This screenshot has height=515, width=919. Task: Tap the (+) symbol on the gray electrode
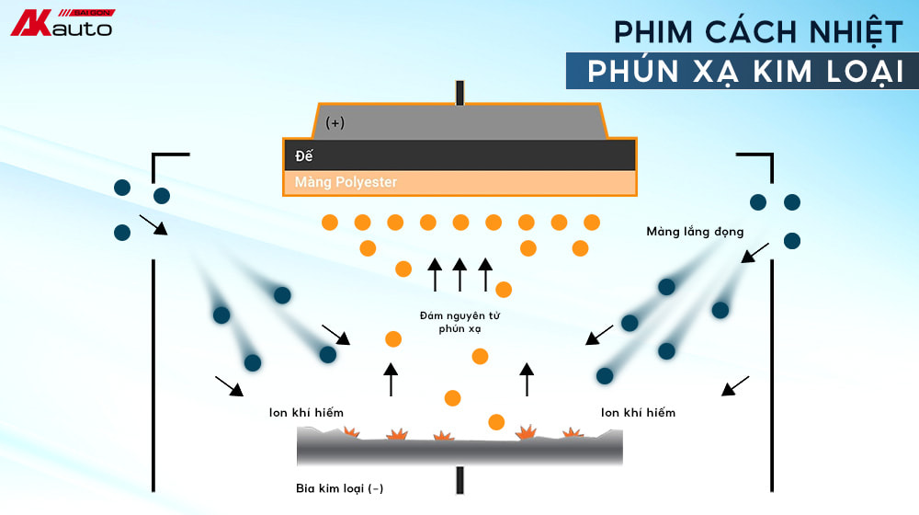pyautogui.click(x=335, y=122)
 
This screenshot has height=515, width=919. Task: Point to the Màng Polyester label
pyautogui.click(x=346, y=182)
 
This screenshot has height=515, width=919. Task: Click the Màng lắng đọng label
pyautogui.click(x=695, y=232)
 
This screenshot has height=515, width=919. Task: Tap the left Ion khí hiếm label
pyautogui.click(x=306, y=413)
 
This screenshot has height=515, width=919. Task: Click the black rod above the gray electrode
pyautogui.click(x=459, y=92)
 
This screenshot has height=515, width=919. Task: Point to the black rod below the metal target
pyautogui.click(x=459, y=479)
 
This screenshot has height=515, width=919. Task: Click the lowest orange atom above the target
pyautogui.click(x=496, y=422)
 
